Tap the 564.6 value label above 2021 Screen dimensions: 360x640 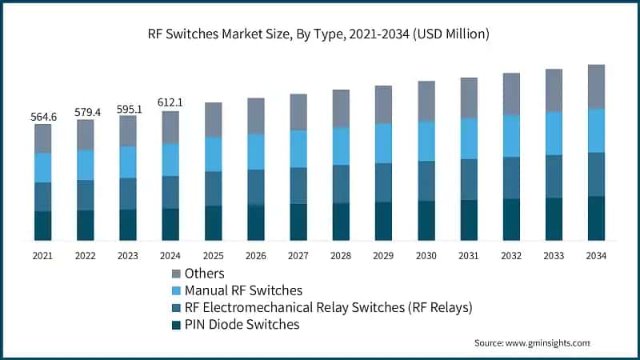point(43,117)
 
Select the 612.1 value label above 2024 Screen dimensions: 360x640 point(170,103)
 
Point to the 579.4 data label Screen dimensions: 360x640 point(86,113)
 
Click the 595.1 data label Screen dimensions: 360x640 point(128,109)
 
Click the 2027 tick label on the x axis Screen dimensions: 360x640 point(298,256)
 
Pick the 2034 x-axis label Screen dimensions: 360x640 point(596,256)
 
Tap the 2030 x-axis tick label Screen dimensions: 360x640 point(426,256)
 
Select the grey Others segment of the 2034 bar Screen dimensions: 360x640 point(596,86)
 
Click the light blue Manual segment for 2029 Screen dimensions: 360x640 point(384,143)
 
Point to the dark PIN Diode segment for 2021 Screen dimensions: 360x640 point(43,226)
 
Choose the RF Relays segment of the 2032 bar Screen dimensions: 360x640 point(511,178)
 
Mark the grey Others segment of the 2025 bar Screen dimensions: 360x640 point(213,119)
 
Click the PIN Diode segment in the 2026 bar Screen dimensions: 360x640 point(256,222)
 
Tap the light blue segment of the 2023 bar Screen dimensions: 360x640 point(128,162)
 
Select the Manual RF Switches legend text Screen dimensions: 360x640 point(243,290)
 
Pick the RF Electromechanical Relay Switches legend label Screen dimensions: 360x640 point(329,307)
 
